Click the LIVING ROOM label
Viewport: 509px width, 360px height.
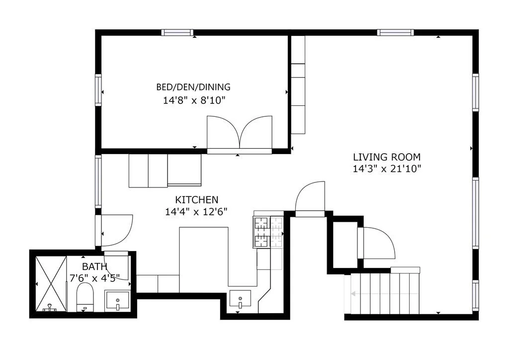[x=387, y=157]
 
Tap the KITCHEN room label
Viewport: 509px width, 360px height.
[x=197, y=199]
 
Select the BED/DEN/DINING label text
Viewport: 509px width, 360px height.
[x=193, y=87]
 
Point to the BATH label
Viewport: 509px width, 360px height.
[x=94, y=267]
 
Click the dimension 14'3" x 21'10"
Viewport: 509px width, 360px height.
[x=387, y=169]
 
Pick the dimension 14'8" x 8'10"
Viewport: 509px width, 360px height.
[x=194, y=100]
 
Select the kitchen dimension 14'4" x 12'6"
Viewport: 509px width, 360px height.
[x=196, y=212]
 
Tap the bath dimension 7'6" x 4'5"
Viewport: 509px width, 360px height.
[x=95, y=278]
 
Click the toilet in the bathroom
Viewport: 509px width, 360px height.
[x=85, y=297]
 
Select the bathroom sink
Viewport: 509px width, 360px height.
[x=117, y=301]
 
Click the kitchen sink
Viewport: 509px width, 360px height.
[x=240, y=299]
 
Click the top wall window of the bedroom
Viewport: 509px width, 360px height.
[x=177, y=32]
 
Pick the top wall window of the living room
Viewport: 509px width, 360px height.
[x=395, y=32]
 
